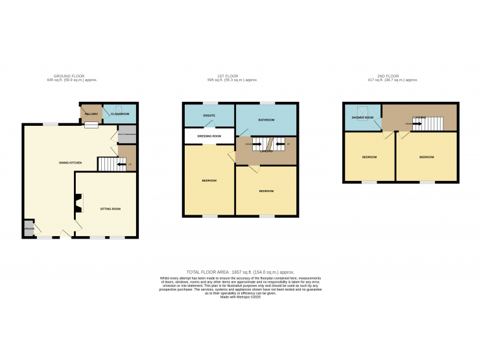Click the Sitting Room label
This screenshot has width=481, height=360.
click(110, 209)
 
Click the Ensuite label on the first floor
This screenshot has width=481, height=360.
click(209, 117)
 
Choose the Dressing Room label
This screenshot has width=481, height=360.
click(209, 136)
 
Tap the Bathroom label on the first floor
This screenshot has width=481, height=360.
click(266, 121)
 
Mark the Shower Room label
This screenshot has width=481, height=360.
click(362, 117)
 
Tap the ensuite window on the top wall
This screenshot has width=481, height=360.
click(209, 103)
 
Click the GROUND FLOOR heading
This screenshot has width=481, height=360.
click(72, 77)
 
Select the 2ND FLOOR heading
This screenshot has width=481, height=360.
click(393, 77)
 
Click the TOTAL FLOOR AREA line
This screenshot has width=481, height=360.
click(240, 272)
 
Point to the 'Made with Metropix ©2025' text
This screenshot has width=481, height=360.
click(240, 296)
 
